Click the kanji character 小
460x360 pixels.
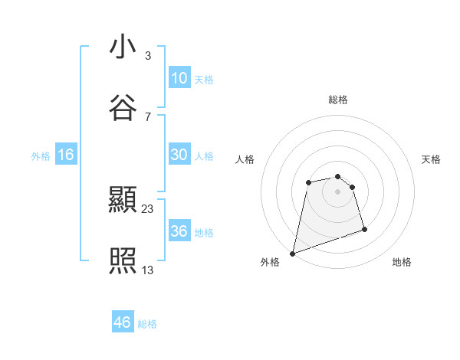123,47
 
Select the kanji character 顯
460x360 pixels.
123,201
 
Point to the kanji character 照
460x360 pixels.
123,261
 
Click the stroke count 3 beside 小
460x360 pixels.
147,55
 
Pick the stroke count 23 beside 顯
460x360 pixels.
148,208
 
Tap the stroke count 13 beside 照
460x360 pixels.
148,269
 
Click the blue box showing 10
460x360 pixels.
179,77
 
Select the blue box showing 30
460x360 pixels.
179,154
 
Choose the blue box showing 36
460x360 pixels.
179,231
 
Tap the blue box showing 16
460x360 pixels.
66,155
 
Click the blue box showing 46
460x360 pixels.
122,322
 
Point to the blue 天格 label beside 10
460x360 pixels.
204,79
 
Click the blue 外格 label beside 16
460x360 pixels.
41,156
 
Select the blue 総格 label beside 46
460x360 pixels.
147,324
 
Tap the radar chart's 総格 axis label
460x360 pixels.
338,100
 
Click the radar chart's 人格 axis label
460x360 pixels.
245,159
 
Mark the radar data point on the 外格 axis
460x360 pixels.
292,253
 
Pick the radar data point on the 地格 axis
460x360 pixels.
364,229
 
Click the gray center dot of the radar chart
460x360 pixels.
337,191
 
